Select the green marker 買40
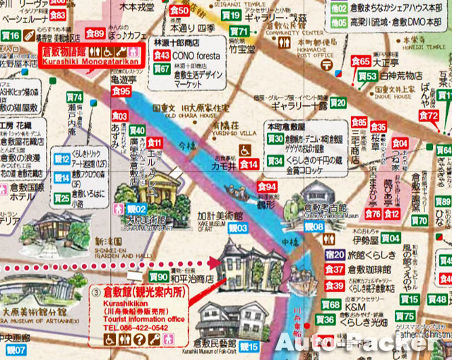(137, 130)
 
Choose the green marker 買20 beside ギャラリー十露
(338, 103)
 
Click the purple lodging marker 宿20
(335, 254)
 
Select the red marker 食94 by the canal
(267, 187)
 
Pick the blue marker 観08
(314, 227)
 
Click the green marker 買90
(158, 277)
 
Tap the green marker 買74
(74, 97)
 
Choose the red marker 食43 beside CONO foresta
(161, 55)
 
